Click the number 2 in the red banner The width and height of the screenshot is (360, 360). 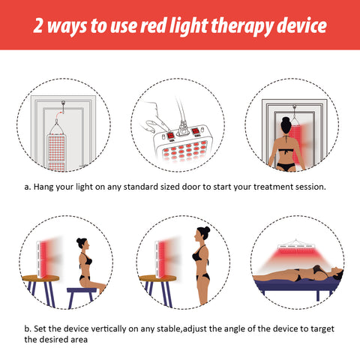[38, 25]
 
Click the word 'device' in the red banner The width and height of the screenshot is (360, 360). [301, 25]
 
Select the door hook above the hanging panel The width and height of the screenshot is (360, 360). [63, 106]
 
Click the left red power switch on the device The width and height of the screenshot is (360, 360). [170, 136]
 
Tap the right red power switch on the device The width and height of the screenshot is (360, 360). [196, 131]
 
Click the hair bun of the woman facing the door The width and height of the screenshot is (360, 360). [286, 120]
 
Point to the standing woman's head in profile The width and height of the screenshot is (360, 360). [202, 233]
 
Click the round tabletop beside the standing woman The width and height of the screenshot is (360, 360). [157, 278]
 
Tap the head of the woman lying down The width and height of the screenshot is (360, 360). [337, 271]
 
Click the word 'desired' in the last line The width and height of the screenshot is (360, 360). [52, 340]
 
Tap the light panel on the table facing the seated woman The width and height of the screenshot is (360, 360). [41, 259]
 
